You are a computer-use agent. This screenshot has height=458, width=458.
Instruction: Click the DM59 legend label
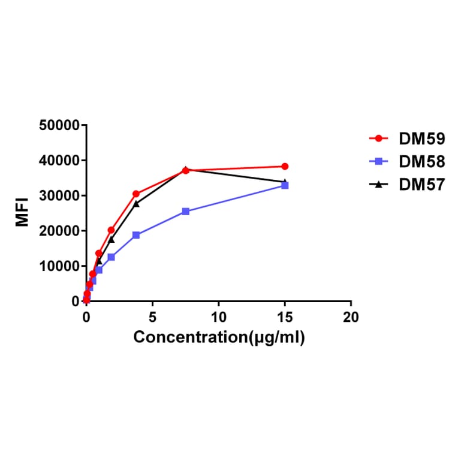[x=422, y=139]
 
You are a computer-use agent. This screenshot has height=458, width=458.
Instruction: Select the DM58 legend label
[x=422, y=162]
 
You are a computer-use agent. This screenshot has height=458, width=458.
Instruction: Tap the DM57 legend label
[x=422, y=185]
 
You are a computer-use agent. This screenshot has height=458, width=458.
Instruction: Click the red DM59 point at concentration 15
[x=285, y=166]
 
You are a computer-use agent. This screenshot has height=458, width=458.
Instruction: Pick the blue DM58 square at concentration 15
[x=285, y=186]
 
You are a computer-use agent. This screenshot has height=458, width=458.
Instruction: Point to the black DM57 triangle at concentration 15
[x=285, y=181]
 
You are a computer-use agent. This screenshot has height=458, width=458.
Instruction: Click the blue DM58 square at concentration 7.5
[x=186, y=211]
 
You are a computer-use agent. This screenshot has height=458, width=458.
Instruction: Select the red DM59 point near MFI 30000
[x=136, y=194]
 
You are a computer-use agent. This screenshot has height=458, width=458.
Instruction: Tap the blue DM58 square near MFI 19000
[x=136, y=235]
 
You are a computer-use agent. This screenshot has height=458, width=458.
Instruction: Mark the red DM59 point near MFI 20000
[x=111, y=230]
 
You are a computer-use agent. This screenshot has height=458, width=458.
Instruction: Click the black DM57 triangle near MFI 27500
[x=136, y=204]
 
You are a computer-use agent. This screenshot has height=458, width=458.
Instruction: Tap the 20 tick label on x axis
[x=351, y=317]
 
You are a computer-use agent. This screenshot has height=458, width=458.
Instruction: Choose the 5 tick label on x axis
[x=153, y=317]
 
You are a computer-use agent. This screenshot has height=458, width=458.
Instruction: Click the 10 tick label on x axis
[x=219, y=317]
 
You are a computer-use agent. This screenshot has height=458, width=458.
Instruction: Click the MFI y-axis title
[x=23, y=213]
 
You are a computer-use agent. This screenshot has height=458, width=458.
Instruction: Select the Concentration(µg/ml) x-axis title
[x=219, y=337]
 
